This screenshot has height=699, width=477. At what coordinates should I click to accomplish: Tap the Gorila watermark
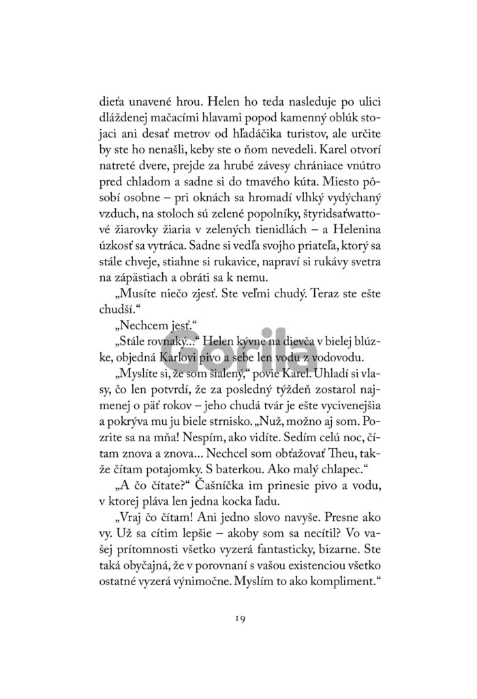[238, 356]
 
